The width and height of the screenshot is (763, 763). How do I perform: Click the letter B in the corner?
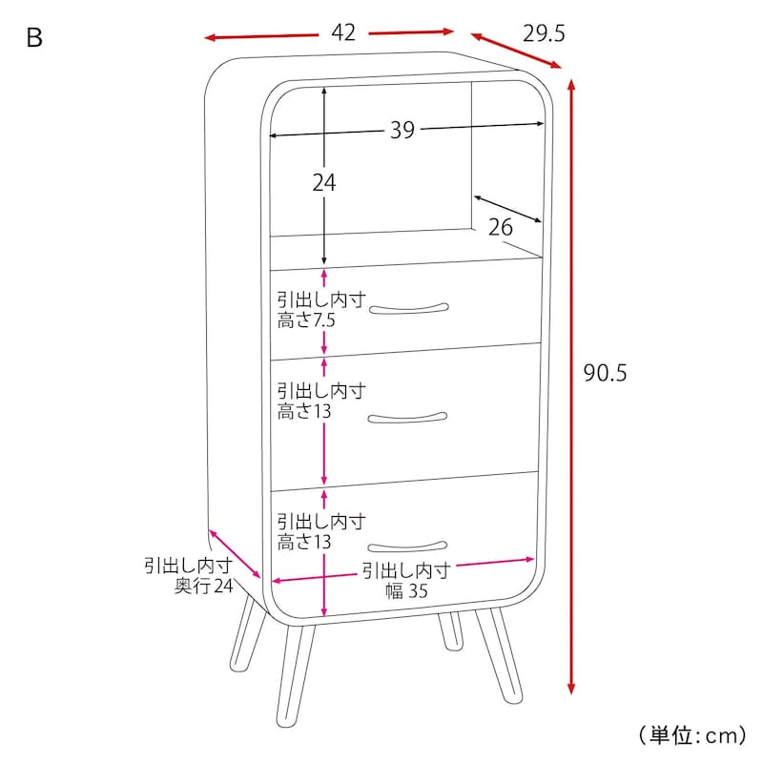(x=34, y=37)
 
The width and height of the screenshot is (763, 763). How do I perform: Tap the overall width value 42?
(x=343, y=32)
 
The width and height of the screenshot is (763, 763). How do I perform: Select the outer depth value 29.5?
(x=544, y=33)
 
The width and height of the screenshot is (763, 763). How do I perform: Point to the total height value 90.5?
(x=605, y=373)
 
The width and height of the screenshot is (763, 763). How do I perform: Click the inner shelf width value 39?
(x=402, y=130)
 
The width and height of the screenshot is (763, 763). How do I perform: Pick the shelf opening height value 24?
(x=324, y=183)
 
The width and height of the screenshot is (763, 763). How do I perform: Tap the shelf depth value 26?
(x=500, y=227)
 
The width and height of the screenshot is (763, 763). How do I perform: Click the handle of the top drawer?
(x=409, y=309)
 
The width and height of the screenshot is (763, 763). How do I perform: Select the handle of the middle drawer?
(x=407, y=418)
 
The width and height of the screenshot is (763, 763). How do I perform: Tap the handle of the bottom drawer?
(x=407, y=546)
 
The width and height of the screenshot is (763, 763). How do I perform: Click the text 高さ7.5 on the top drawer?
(x=306, y=320)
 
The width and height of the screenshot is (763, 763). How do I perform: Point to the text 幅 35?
(x=406, y=590)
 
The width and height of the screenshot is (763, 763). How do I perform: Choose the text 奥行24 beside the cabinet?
(x=204, y=586)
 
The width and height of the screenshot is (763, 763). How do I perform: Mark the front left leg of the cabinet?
(x=295, y=676)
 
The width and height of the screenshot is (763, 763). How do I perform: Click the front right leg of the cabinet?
(x=499, y=654)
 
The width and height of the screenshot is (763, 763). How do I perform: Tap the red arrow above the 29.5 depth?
(x=516, y=51)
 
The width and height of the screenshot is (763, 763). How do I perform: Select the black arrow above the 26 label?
(x=507, y=209)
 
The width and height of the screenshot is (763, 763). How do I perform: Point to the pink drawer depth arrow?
(x=235, y=554)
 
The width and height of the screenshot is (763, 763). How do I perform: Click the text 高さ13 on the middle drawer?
(x=304, y=411)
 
